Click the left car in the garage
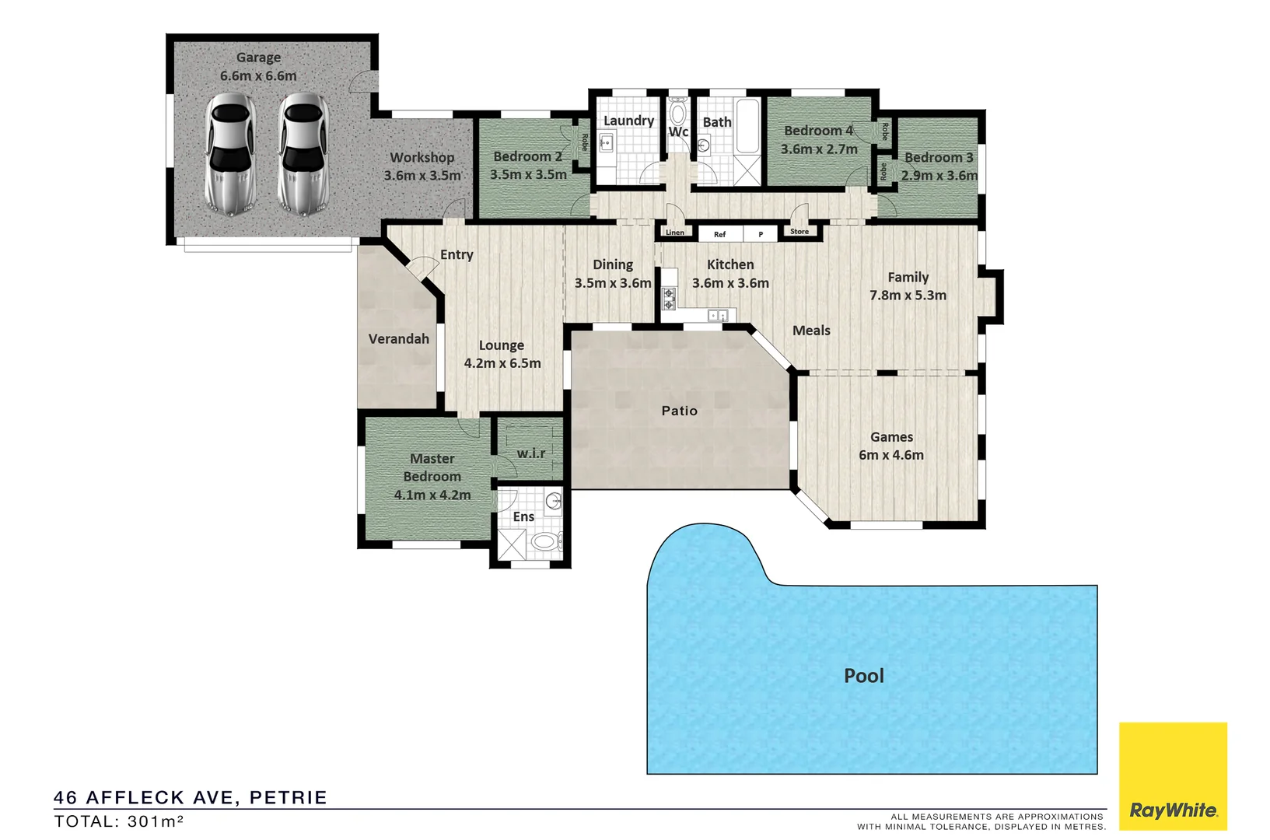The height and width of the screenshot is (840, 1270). click(x=230, y=155)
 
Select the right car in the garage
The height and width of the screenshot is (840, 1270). click(x=303, y=155)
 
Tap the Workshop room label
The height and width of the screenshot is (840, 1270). click(x=422, y=157)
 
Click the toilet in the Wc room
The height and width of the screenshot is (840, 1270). click(x=678, y=113)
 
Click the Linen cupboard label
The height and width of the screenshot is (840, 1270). click(x=675, y=233)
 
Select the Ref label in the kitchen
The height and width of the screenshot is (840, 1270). click(x=720, y=234)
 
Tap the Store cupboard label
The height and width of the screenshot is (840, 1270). click(x=799, y=232)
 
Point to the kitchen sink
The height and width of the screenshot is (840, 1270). click(x=717, y=315)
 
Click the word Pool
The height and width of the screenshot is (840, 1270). click(x=864, y=676)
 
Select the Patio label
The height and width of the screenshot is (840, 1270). click(x=680, y=411)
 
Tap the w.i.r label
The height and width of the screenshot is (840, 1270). click(x=531, y=453)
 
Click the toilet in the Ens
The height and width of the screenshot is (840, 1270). click(x=544, y=541)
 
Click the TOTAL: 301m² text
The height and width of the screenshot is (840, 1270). click(x=119, y=821)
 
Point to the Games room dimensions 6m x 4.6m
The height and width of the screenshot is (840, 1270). click(x=891, y=455)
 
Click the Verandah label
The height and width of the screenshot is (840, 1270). click(x=399, y=339)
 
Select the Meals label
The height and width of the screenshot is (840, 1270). click(x=811, y=331)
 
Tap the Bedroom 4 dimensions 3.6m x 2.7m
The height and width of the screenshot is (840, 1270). click(x=819, y=149)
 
